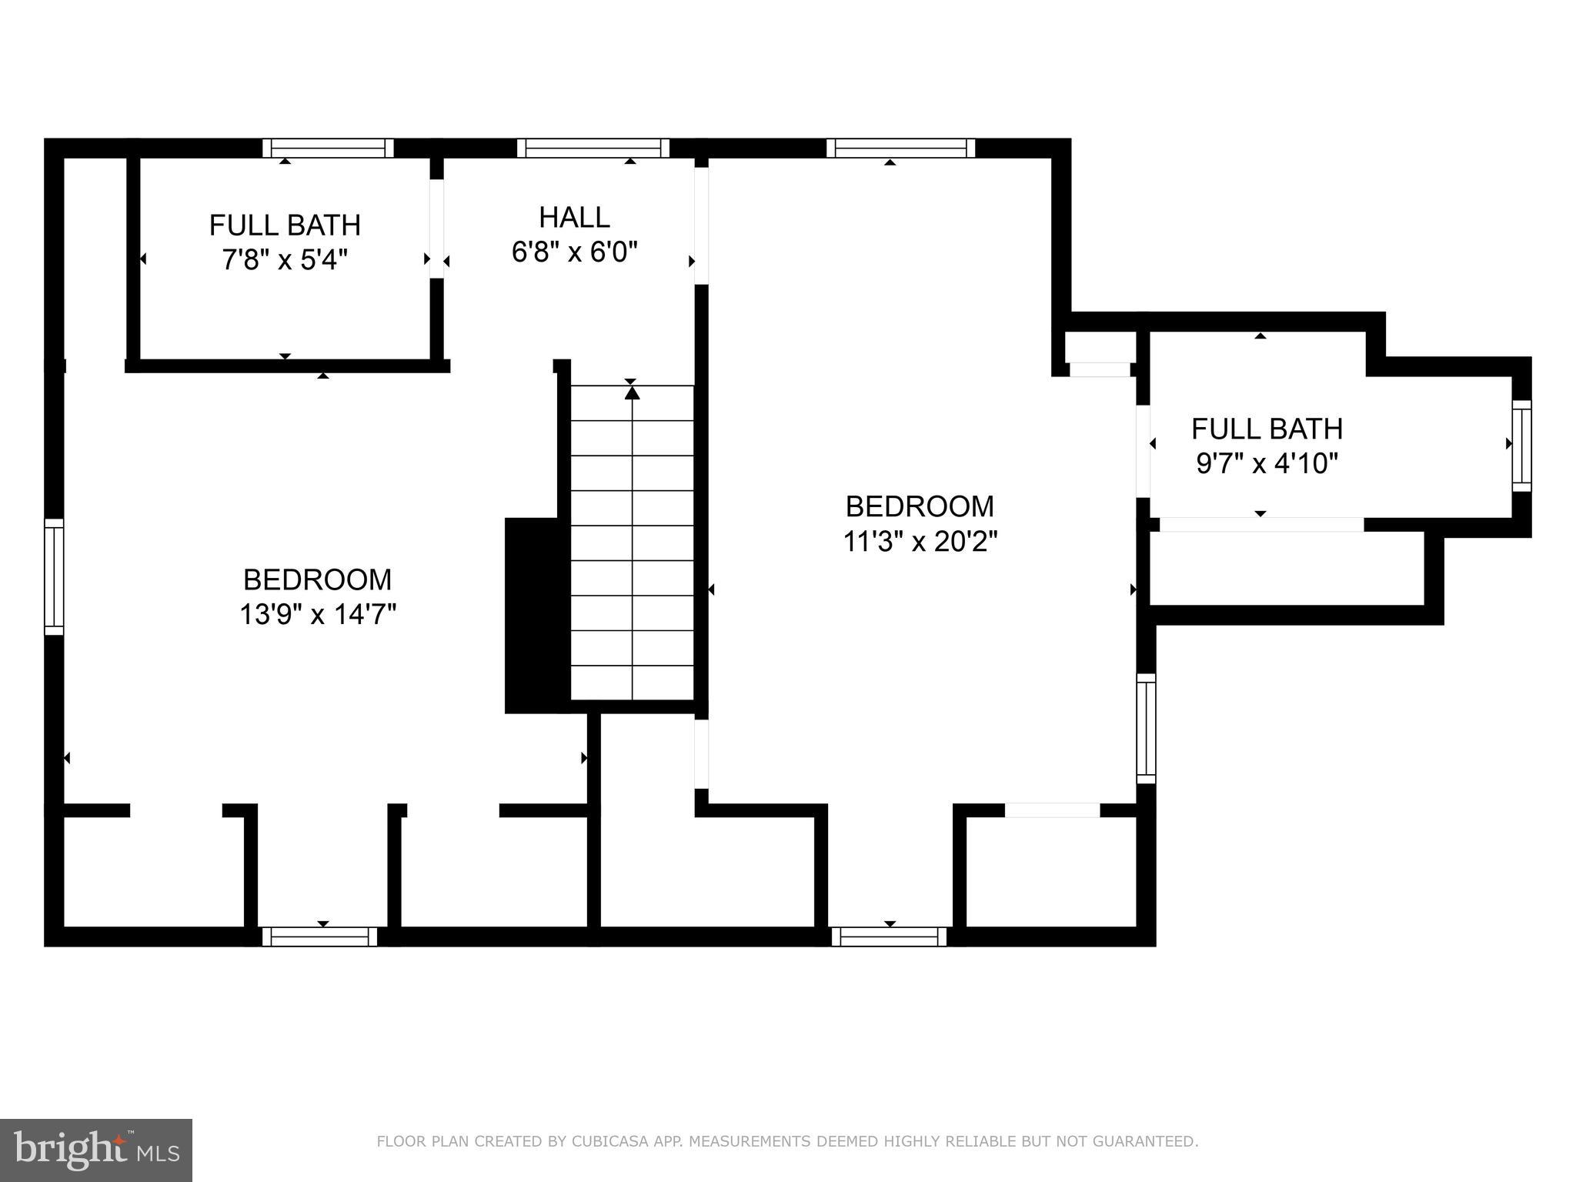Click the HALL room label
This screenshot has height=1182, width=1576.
(574, 218)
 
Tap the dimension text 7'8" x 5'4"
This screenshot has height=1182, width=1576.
(285, 260)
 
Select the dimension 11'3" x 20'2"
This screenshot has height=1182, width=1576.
(920, 542)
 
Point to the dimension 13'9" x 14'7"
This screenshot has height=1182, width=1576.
(317, 615)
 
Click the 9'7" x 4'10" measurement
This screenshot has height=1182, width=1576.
(1267, 464)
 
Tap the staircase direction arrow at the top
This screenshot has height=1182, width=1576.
(632, 392)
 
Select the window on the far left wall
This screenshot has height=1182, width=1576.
(54, 576)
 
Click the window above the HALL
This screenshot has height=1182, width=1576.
(593, 148)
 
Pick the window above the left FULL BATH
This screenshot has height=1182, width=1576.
(328, 148)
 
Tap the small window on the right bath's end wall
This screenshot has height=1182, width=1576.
(1521, 445)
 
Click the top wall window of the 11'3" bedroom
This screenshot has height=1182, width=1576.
(900, 148)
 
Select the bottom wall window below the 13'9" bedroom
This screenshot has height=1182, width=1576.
(319, 937)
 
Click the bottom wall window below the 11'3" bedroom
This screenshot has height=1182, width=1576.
(889, 937)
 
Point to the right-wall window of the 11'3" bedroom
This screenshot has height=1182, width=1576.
(1146, 728)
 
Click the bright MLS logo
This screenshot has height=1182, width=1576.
(95, 1150)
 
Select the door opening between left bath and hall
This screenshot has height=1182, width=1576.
(436, 229)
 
